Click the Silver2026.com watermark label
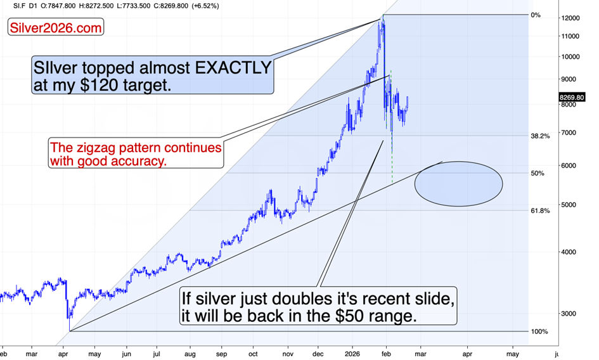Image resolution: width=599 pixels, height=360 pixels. (x=56, y=28)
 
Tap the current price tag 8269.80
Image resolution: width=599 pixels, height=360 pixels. (x=572, y=98)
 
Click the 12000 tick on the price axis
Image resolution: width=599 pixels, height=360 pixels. (x=570, y=18)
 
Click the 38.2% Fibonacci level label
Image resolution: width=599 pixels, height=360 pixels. (x=540, y=136)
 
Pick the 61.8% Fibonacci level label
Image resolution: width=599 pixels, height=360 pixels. (x=540, y=210)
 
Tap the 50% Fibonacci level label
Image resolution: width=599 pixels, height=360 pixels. (x=538, y=173)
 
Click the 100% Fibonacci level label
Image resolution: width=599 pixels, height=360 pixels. (x=539, y=331)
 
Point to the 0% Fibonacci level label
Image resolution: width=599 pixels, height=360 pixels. (x=536, y=15)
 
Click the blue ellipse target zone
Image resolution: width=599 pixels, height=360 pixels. (x=458, y=184)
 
